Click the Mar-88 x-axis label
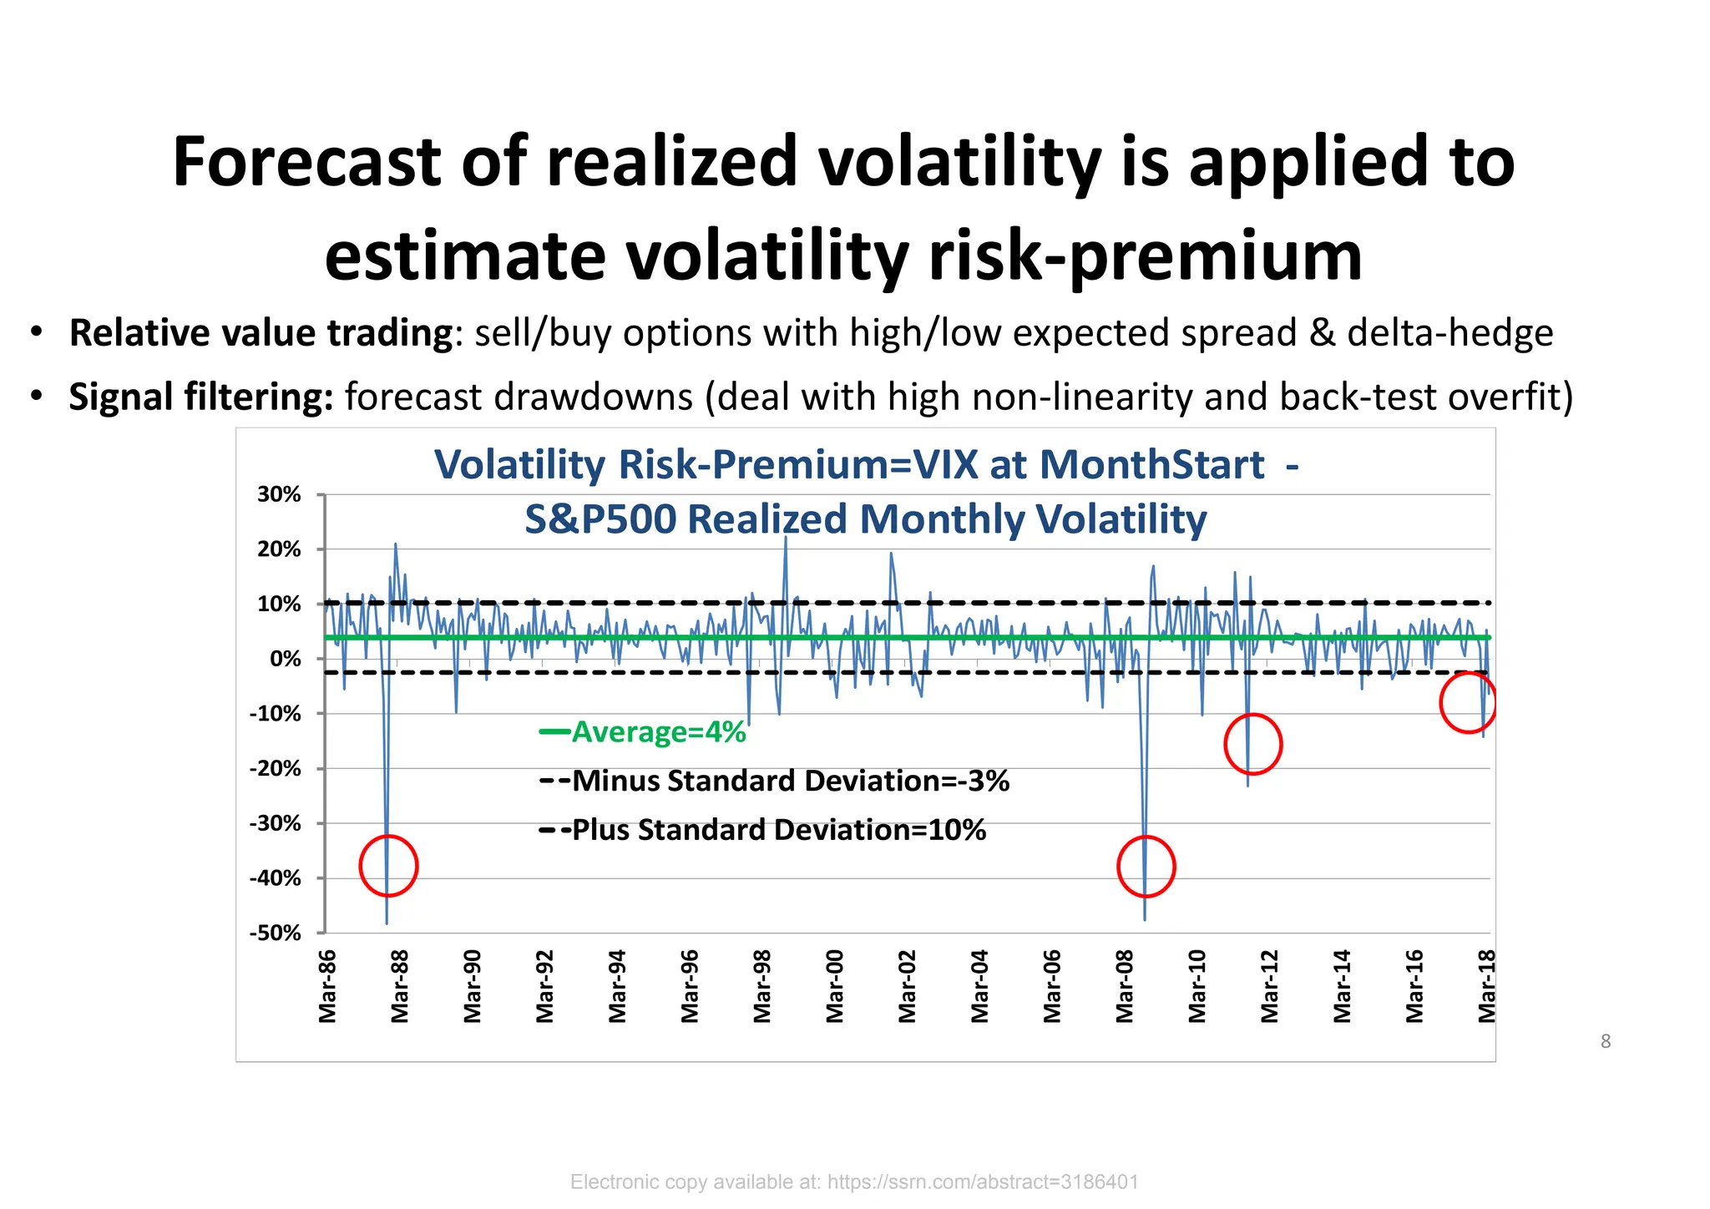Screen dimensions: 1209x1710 click(x=400, y=986)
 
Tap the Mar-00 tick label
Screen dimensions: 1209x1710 click(x=835, y=986)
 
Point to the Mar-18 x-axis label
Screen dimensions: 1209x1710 click(x=1487, y=986)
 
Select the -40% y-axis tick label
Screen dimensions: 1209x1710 click(x=276, y=878)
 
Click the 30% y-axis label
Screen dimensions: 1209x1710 click(x=279, y=494)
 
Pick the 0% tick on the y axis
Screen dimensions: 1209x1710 click(x=286, y=659)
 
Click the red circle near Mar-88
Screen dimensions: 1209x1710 click(x=388, y=866)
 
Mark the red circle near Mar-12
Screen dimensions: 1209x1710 click(x=1252, y=744)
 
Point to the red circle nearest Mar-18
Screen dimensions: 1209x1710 click(x=1468, y=703)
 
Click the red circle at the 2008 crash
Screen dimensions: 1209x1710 click(x=1146, y=867)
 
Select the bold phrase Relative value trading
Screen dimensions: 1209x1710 click(x=261, y=333)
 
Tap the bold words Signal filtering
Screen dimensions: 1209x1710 click(x=201, y=397)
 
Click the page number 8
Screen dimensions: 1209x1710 click(x=1605, y=1041)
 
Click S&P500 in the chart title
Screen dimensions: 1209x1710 click(x=600, y=519)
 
